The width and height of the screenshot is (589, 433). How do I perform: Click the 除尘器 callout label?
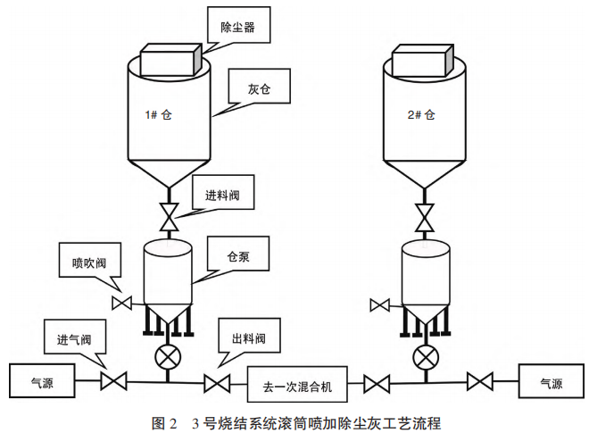[x=238, y=27]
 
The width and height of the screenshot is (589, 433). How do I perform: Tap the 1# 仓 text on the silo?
[x=157, y=115]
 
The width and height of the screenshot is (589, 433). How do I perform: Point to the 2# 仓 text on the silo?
[x=419, y=114]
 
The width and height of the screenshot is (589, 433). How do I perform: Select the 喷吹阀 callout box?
[x=89, y=262]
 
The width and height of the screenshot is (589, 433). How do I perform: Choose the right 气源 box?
[x=551, y=384]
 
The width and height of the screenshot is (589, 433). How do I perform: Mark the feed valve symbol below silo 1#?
[x=167, y=214]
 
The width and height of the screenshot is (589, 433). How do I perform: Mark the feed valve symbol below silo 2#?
[x=426, y=215]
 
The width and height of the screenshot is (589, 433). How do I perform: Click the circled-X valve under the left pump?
[x=167, y=355]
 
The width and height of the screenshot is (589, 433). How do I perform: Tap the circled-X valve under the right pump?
[x=424, y=356]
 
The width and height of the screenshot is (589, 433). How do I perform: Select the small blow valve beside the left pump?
[x=122, y=304]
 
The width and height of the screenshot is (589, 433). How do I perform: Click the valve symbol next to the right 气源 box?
[x=480, y=385]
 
